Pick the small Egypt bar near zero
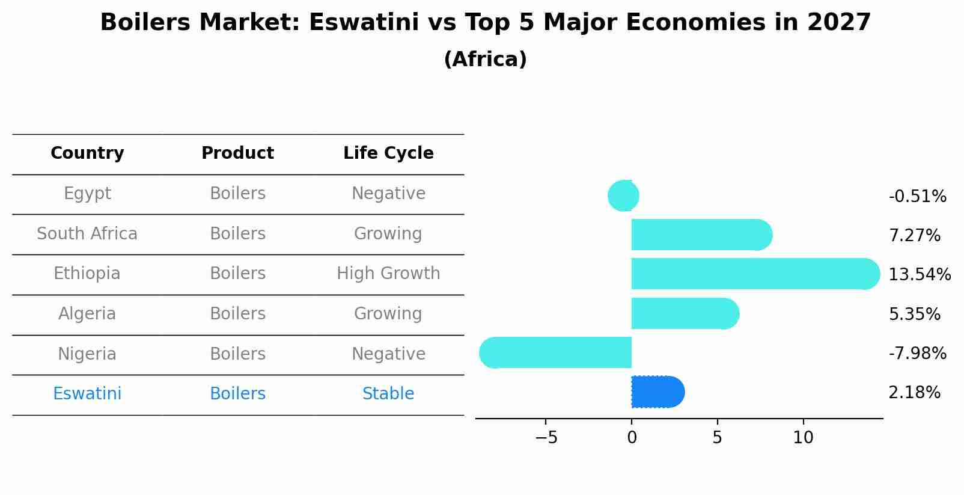pos(624,195)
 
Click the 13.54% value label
pos(919,275)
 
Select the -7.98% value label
pos(917,353)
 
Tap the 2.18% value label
pos(914,393)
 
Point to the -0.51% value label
pos(917,197)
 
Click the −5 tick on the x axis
pos(546,438)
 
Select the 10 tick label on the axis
pos(803,438)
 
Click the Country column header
pos(87,153)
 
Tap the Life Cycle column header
pos(388,153)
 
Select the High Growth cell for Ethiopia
pos(388,274)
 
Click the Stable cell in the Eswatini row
pos(388,394)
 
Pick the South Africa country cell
pos(87,233)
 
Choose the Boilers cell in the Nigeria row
pos(237,354)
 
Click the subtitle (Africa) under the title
pos(485,60)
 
